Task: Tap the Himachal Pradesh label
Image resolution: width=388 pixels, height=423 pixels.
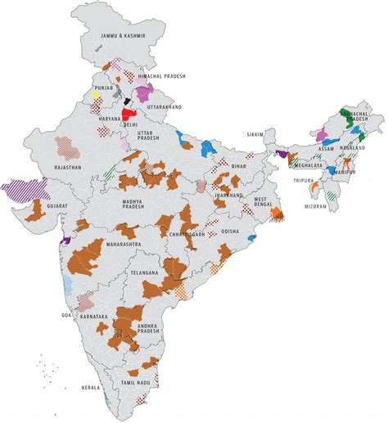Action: (163, 75)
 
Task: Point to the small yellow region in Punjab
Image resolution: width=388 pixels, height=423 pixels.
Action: (95, 96)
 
